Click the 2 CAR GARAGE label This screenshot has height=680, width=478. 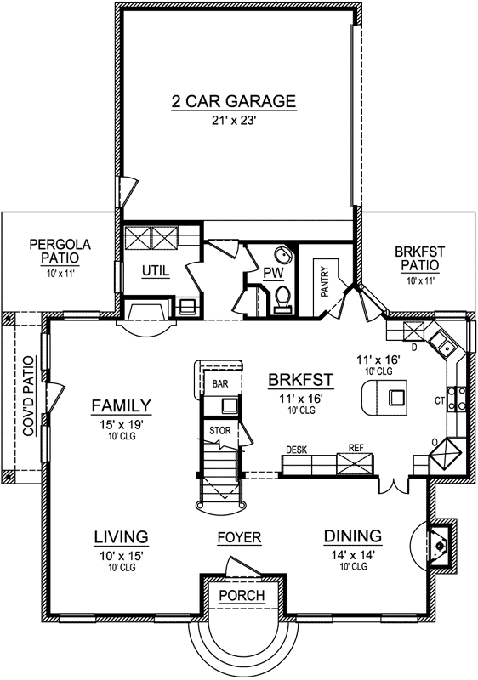click(x=233, y=102)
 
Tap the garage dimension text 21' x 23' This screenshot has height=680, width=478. click(x=233, y=122)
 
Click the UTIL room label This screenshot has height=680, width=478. click(x=156, y=271)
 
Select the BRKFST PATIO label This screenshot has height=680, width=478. click(x=420, y=258)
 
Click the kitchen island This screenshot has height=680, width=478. click(x=385, y=397)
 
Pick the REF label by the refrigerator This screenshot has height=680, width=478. click(x=356, y=447)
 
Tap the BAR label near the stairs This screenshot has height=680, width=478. click(x=220, y=384)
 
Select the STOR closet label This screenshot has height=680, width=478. click(x=219, y=431)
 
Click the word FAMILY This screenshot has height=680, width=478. click(x=122, y=405)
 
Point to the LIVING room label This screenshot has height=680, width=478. click(x=121, y=536)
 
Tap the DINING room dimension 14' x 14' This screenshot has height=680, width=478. click(x=352, y=553)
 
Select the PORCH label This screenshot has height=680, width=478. click(x=242, y=595)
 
